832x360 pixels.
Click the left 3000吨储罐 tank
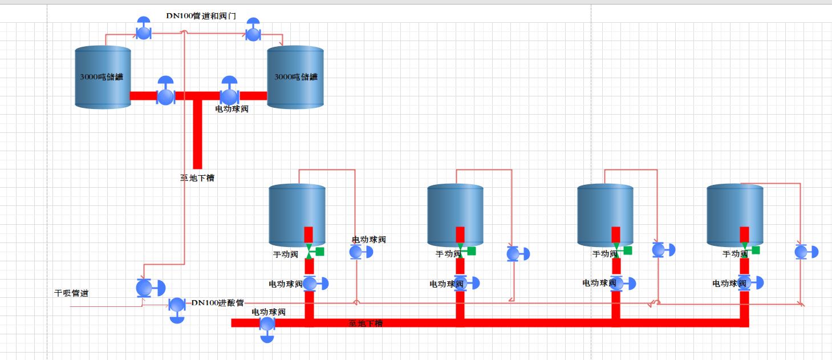point(103,77)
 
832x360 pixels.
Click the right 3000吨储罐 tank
point(295,77)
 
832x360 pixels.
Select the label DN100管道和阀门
point(201,16)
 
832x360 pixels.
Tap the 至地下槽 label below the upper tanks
point(197,178)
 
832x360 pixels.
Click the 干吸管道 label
point(71,293)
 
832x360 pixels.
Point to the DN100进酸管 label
point(217,302)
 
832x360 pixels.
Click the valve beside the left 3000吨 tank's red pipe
point(165,94)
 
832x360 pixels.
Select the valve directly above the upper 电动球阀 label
point(229,94)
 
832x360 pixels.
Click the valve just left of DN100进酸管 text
point(177,306)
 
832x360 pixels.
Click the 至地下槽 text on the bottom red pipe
point(366,323)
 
